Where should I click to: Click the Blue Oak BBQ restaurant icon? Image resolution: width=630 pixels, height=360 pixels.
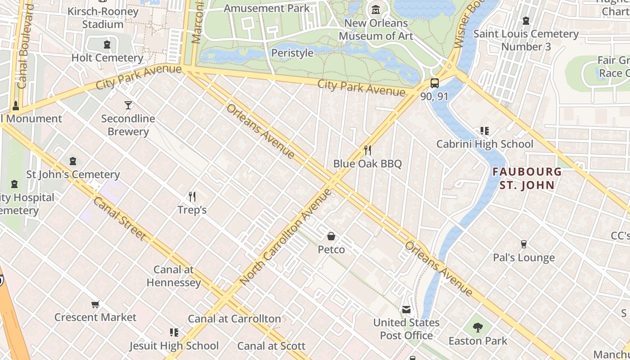pyautogui.click(x=368, y=150)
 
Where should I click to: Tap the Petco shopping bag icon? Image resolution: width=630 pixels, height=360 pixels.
pyautogui.click(x=331, y=236)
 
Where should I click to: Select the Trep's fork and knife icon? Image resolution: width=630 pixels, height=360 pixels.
pyautogui.click(x=192, y=197)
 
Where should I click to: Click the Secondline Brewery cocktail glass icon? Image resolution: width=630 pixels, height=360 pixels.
pyautogui.click(x=128, y=105)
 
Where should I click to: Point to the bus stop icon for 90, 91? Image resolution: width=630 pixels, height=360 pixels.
pyautogui.click(x=434, y=83)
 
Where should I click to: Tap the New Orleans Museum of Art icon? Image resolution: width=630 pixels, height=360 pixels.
pyautogui.click(x=375, y=9)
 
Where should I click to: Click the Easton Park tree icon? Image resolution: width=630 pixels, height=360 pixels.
pyautogui.click(x=478, y=328)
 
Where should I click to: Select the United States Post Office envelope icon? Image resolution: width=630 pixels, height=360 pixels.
pyautogui.click(x=406, y=310)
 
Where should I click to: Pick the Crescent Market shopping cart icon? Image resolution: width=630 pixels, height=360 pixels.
pyautogui.click(x=95, y=305)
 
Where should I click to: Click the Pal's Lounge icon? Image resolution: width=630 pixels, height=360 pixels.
pyautogui.click(x=523, y=244)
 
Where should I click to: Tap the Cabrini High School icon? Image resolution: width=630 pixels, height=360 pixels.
pyautogui.click(x=484, y=131)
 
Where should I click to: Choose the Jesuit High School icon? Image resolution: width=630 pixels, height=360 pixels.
pyautogui.click(x=174, y=333)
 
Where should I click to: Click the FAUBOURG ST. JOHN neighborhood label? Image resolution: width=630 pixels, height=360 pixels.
pyautogui.click(x=527, y=178)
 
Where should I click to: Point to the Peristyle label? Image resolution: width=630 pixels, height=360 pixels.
pyautogui.click(x=292, y=53)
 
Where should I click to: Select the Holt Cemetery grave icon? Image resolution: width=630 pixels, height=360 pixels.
pyautogui.click(x=107, y=45)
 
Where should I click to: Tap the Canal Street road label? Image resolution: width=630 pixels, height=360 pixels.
pyautogui.click(x=120, y=219)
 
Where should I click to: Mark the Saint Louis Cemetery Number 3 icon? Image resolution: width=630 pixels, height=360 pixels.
pyautogui.click(x=526, y=21)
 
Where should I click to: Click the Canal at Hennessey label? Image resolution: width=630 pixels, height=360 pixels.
pyautogui.click(x=174, y=276)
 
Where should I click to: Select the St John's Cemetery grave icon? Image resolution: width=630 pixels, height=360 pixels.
pyautogui.click(x=73, y=161)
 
